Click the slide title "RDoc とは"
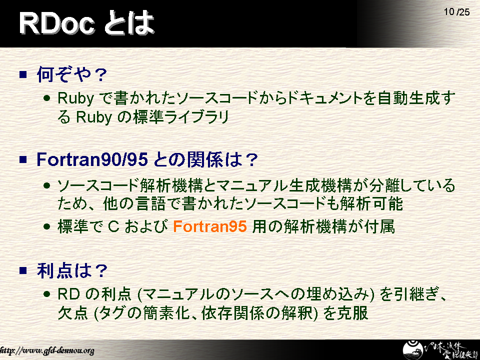(x=86, y=23)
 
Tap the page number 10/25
(x=456, y=12)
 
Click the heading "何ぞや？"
(x=72, y=74)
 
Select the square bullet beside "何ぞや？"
(x=23, y=74)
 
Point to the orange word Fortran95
(x=209, y=226)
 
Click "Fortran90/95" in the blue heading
(x=92, y=159)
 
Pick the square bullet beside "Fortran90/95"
(x=23, y=159)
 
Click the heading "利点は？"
(x=72, y=270)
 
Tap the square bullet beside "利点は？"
(x=23, y=270)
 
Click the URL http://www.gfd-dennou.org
(x=47, y=350)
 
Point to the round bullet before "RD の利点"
(x=46, y=294)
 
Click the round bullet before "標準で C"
(x=46, y=227)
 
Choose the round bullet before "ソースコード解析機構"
(x=46, y=185)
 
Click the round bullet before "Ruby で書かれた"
(x=46, y=98)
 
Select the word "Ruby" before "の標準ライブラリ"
(x=93, y=117)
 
